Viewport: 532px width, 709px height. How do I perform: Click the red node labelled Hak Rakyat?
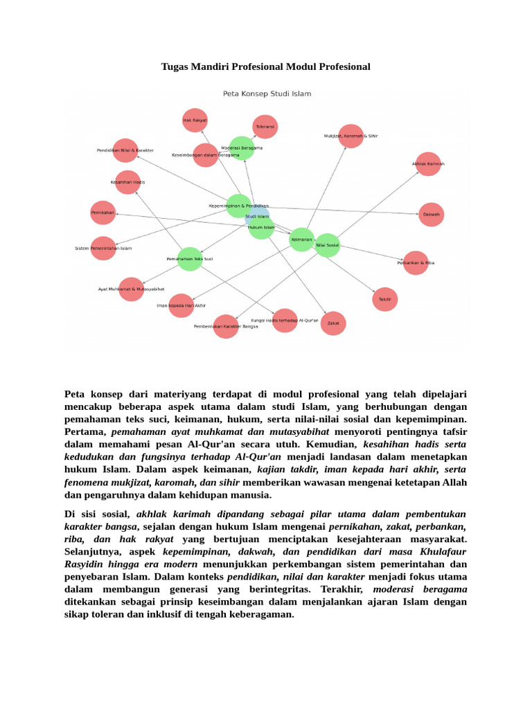[195, 120]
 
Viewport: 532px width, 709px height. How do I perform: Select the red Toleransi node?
[265, 127]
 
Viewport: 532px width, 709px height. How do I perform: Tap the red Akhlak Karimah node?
[428, 164]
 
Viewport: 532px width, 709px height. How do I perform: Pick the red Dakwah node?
[431, 215]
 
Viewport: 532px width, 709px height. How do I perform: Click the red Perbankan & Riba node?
[416, 263]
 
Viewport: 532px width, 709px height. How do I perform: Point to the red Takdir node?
[385, 299]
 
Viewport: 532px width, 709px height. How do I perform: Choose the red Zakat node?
[332, 323]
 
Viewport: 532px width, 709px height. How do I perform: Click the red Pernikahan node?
[103, 213]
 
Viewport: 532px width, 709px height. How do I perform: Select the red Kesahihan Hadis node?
[127, 182]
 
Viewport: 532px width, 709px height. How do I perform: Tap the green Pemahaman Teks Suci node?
[189, 259]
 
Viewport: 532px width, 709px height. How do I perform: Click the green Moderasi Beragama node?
[242, 148]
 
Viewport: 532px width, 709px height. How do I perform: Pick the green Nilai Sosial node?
[327, 245]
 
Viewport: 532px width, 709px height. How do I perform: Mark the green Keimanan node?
[302, 240]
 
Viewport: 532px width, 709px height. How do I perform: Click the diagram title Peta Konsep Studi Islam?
[267, 93]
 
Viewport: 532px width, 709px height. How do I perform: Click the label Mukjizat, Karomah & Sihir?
[351, 136]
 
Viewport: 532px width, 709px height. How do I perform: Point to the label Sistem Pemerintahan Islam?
[103, 248]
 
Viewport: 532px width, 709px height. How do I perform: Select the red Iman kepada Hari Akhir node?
[181, 305]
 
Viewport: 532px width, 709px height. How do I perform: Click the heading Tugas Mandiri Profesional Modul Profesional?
[266, 66]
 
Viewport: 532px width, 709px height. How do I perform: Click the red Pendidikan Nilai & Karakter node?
[125, 150]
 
